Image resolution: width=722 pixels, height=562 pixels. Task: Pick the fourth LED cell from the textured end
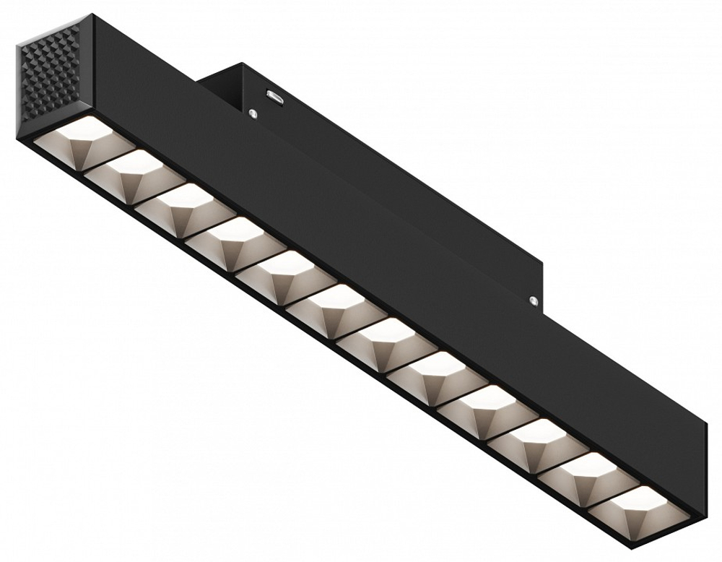(222, 241)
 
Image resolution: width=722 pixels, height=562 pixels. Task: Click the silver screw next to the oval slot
(253, 112)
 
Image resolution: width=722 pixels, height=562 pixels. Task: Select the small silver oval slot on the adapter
(273, 94)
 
